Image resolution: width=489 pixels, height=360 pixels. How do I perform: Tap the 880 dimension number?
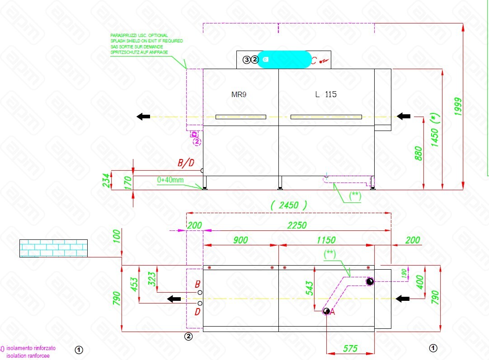point(418,154)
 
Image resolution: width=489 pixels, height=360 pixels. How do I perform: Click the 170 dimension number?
point(128,181)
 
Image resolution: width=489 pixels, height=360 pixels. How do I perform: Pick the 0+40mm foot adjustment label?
point(170,180)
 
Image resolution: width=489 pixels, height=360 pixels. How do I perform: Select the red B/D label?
point(185,163)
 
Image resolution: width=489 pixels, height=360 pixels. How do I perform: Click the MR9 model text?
point(238,95)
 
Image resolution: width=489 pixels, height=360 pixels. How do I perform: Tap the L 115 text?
point(326,94)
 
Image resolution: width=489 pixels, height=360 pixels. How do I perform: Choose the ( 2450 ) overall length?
point(289,205)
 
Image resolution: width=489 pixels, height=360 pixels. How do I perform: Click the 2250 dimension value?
point(296,225)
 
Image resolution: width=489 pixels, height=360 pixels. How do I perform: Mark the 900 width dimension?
point(240,240)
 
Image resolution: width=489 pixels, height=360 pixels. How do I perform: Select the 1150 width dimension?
point(326,240)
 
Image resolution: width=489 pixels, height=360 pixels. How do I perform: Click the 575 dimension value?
point(350,348)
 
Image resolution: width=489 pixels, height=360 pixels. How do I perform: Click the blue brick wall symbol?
point(53,248)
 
